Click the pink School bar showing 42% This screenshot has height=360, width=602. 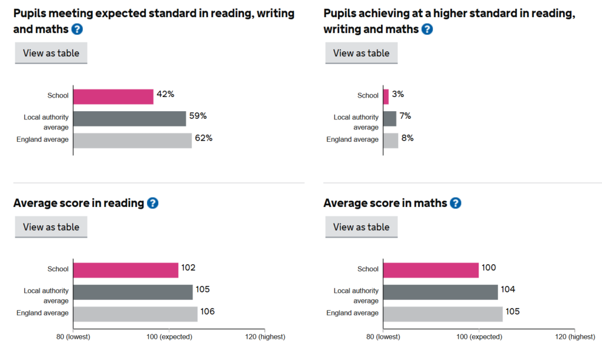pyautogui.click(x=113, y=96)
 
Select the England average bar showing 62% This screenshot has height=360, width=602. pyautogui.click(x=132, y=141)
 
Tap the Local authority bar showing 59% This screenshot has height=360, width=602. pyautogui.click(x=129, y=119)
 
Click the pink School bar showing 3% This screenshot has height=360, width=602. pyautogui.click(x=386, y=96)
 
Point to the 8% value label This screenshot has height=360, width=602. pyautogui.click(x=407, y=138)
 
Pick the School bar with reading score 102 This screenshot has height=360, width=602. pyautogui.click(x=125, y=270)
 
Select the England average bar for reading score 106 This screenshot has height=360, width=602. pyautogui.click(x=135, y=314)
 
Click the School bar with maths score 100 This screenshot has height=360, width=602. pyautogui.click(x=431, y=270)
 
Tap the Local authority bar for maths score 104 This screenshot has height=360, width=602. pyautogui.click(x=440, y=292)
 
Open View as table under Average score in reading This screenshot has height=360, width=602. pyautogui.click(x=51, y=227)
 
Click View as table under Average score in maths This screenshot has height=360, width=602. pyautogui.click(x=361, y=227)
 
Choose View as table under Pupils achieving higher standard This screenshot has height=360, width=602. pyautogui.click(x=361, y=53)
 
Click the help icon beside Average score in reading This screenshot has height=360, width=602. pyautogui.click(x=152, y=204)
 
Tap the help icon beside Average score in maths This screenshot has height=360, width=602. pyautogui.click(x=455, y=204)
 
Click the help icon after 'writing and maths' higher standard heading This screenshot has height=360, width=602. pyautogui.click(x=427, y=29)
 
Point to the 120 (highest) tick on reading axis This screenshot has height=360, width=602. pyautogui.click(x=265, y=336)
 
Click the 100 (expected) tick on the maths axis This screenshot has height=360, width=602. pyautogui.click(x=479, y=336)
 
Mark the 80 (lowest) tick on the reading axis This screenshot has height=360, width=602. pyautogui.click(x=73, y=336)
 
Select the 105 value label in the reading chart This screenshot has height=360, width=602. pyautogui.click(x=202, y=289)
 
